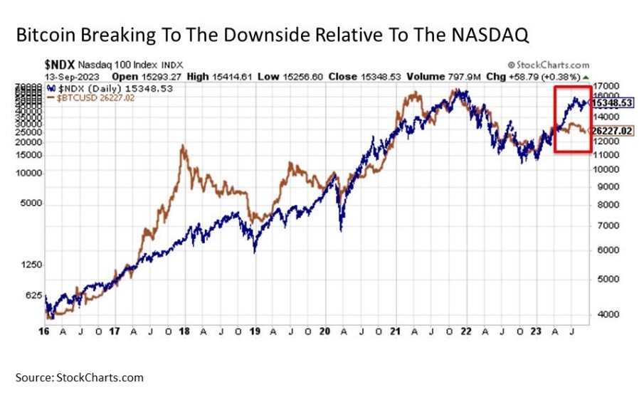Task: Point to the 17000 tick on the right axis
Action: pyautogui.click(x=606, y=83)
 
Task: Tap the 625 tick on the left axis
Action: pyautogui.click(x=33, y=295)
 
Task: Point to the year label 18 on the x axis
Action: pyautogui.click(x=183, y=331)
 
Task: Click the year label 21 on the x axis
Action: pyautogui.click(x=394, y=331)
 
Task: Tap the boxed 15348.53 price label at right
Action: pyautogui.click(x=611, y=103)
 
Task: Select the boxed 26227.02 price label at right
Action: pyautogui.click(x=611, y=131)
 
